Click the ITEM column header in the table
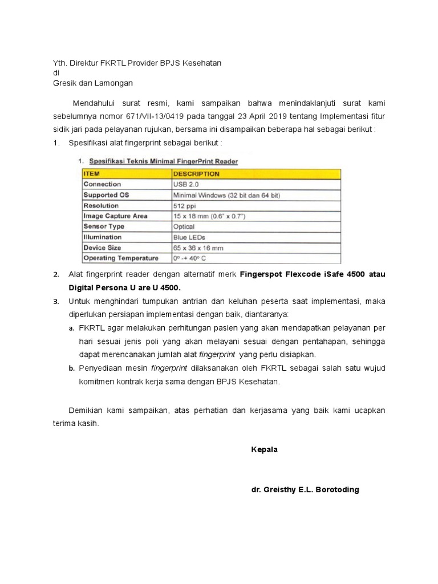94,173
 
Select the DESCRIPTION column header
196,173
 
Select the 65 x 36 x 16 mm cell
198,248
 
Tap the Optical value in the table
184,226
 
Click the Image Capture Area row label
115,216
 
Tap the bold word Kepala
264,449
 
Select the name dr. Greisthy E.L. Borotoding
305,490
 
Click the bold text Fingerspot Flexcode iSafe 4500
302,274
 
